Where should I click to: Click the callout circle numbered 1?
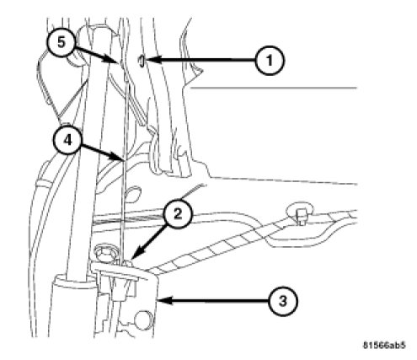(270, 60)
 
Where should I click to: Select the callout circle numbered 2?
(178, 215)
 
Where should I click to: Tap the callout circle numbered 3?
(283, 301)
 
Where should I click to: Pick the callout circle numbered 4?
(68, 140)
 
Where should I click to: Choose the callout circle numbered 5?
(61, 42)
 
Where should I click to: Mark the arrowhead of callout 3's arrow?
(163, 300)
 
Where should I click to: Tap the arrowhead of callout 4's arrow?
(118, 157)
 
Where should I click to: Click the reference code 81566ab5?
(384, 345)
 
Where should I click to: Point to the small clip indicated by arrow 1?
(142, 61)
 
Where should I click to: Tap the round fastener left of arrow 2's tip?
(104, 250)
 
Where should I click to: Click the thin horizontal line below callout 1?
(274, 88)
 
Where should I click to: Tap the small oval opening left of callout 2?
(133, 194)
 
